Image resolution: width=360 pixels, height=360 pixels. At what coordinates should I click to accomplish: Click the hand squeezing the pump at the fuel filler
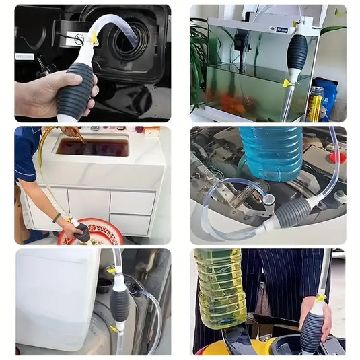[x=40, y=94]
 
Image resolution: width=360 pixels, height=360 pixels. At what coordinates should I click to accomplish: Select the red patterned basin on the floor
[x=100, y=232]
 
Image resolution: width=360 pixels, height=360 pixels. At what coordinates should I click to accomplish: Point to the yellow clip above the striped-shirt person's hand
[x=321, y=297]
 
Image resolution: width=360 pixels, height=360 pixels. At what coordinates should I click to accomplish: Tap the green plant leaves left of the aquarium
[x=199, y=61]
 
